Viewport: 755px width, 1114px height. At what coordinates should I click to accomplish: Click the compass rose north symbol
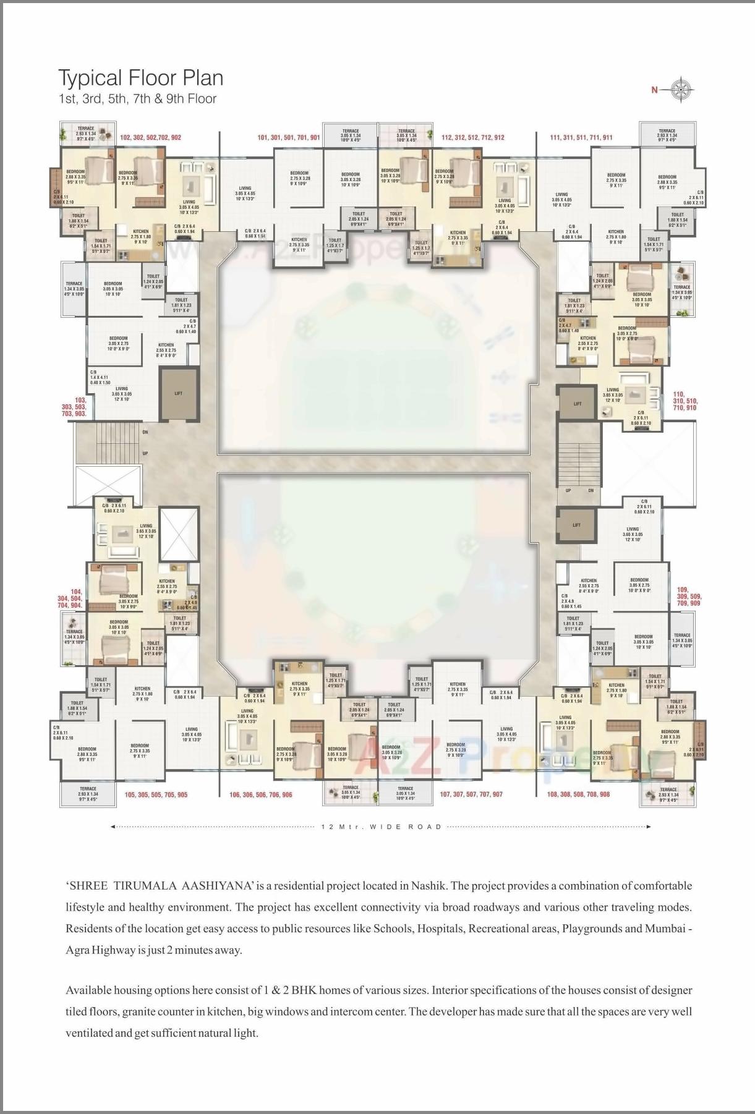pyautogui.click(x=682, y=90)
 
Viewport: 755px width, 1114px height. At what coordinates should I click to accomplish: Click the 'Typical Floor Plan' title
pyautogui.click(x=140, y=79)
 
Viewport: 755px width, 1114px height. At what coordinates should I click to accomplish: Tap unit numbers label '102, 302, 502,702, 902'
pyautogui.click(x=151, y=137)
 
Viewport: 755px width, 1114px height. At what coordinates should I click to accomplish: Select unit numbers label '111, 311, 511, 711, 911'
pyautogui.click(x=581, y=137)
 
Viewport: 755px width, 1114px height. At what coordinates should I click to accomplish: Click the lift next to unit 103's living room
pyautogui.click(x=179, y=393)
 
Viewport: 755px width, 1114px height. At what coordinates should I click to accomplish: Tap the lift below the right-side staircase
pyautogui.click(x=576, y=525)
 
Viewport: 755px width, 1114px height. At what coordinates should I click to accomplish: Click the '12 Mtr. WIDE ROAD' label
pyautogui.click(x=382, y=827)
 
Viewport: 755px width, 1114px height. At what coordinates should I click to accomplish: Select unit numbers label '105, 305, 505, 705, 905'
pyautogui.click(x=156, y=794)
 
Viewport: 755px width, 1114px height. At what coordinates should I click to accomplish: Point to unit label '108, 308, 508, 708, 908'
pyautogui.click(x=579, y=794)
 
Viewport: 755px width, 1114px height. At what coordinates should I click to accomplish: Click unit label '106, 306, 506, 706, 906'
pyautogui.click(x=260, y=794)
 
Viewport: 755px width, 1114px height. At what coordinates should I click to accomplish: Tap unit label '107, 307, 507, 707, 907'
pyautogui.click(x=471, y=794)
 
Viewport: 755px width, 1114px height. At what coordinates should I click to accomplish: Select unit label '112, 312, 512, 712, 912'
pyautogui.click(x=472, y=137)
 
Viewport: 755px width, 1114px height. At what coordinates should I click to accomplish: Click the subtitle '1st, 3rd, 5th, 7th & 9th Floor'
pyautogui.click(x=137, y=99)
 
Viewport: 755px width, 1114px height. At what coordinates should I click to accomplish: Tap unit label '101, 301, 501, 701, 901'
pyautogui.click(x=288, y=137)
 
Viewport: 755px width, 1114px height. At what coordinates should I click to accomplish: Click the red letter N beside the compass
pyautogui.click(x=654, y=90)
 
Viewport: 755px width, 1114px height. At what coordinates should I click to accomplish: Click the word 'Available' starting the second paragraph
pyautogui.click(x=88, y=990)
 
